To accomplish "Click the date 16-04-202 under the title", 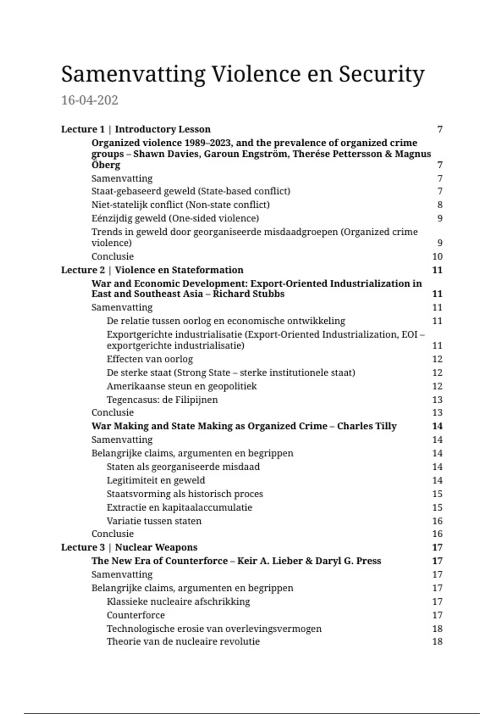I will point(89,100).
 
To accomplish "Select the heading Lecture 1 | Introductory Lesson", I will point(136,129).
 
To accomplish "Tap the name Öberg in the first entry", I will point(106,165).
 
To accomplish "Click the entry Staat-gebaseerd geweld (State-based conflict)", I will point(191,192).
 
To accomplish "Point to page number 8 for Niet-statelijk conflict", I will point(440,205).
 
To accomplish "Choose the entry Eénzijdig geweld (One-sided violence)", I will point(175,218).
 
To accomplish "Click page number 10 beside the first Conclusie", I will point(437,257).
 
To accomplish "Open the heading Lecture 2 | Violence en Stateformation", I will point(152,270).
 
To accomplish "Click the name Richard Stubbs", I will point(249,294).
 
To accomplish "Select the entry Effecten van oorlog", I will point(150,359).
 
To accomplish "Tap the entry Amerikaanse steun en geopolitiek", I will point(181,386).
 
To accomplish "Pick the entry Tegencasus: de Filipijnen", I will point(162,400).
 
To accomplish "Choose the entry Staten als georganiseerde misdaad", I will point(183,467).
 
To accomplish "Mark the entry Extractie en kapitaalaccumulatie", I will point(179,507).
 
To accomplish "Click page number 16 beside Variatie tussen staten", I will point(437,521).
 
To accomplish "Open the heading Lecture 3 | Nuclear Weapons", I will point(129,548).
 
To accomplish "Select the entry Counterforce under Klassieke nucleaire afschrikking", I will point(136,615).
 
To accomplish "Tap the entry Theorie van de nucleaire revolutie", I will point(183,642).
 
